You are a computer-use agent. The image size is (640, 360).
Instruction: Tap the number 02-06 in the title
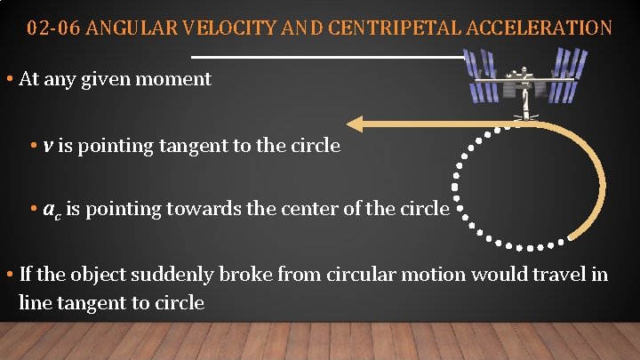pos(50,28)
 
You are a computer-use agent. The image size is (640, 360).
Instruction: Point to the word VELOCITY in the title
pos(230,28)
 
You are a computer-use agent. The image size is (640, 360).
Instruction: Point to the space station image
pos(528,80)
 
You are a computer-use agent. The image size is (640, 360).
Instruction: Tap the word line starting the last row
pos(34,303)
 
